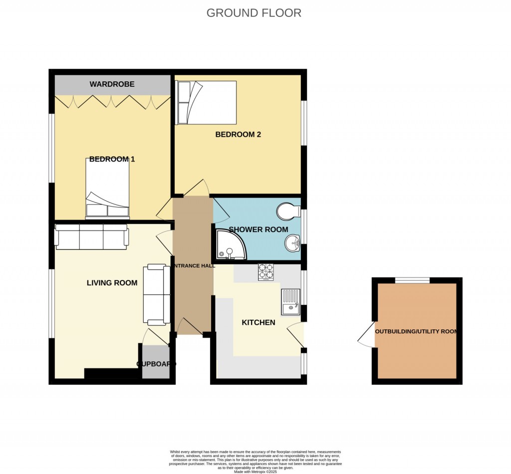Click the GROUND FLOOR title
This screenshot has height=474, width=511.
(254, 13)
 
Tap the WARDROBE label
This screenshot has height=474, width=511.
(112, 84)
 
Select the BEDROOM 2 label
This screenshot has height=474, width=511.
(238, 134)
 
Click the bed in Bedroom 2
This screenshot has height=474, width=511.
(207, 102)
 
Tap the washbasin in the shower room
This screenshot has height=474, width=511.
(291, 244)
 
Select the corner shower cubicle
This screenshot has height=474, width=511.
(229, 246)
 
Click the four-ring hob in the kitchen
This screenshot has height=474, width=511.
(265, 272)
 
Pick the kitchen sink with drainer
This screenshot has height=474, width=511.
(290, 302)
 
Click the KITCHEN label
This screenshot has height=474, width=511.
(258, 322)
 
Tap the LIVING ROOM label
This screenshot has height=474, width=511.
(112, 283)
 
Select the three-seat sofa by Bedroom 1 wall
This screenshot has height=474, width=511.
(91, 237)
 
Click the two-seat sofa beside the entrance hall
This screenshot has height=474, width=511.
(157, 294)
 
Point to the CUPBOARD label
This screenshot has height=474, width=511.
(156, 364)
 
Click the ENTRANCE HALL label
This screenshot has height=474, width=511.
(194, 266)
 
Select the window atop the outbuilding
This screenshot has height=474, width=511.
(412, 280)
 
